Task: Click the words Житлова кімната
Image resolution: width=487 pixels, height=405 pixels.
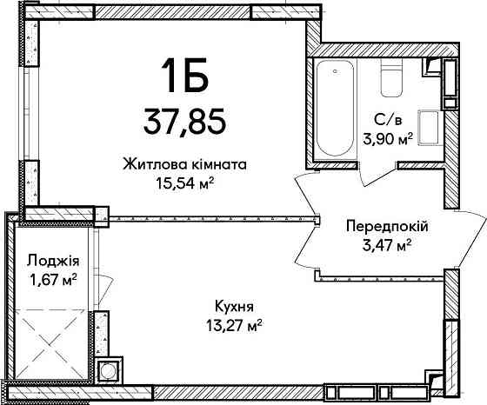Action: coord(186,163)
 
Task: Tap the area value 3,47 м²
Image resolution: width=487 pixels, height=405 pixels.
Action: coord(385,245)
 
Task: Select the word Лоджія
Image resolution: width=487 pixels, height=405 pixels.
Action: coord(49,260)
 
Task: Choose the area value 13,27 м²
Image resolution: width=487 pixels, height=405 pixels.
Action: coord(237,325)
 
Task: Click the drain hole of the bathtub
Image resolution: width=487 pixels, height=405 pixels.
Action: coord(333,72)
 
